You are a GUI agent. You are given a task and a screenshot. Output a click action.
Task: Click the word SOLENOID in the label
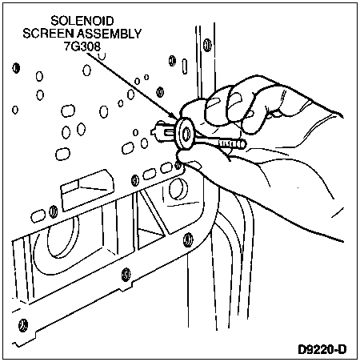click(x=82, y=21)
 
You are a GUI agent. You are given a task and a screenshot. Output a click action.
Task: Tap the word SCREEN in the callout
click(x=48, y=34)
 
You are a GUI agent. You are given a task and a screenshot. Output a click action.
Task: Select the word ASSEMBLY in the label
click(x=109, y=34)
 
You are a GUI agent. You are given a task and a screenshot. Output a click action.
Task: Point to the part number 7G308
click(x=82, y=46)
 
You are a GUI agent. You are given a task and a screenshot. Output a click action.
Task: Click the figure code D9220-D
click(x=322, y=349)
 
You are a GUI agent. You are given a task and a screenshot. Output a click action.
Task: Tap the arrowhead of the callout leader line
click(x=174, y=116)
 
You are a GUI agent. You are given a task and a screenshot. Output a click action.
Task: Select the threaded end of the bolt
click(x=232, y=144)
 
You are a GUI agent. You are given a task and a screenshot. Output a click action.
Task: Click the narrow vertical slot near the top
click(x=184, y=66)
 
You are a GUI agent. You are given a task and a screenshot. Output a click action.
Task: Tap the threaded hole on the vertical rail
click(x=207, y=45)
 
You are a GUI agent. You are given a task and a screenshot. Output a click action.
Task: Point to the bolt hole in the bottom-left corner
click(x=23, y=325)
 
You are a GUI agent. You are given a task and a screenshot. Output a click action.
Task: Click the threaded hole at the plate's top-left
click(x=16, y=68)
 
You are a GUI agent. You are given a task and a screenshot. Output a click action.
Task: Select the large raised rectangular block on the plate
click(x=87, y=190)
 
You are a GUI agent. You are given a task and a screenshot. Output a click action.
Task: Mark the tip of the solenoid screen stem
click(x=153, y=131)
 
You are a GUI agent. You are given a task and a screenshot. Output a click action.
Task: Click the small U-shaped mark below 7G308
click(x=102, y=56)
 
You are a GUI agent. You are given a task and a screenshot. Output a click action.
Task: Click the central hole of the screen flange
click(x=186, y=133)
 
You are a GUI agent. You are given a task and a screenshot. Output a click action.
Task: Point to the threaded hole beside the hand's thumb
click(x=178, y=165)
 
